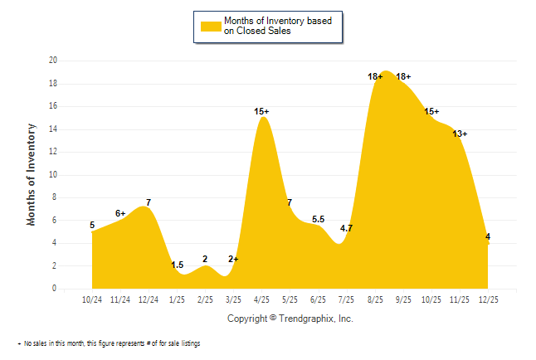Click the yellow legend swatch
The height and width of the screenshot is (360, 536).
212,27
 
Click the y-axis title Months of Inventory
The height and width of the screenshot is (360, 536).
32,174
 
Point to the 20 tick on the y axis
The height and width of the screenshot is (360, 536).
52,61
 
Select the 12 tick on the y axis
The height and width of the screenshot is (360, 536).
52,152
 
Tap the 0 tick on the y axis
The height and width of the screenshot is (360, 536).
55,289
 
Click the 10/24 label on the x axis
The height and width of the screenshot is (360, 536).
91,299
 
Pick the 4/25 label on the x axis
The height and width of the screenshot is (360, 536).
261,299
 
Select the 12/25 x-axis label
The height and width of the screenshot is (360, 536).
489,299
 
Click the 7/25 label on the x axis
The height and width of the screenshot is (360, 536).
347,299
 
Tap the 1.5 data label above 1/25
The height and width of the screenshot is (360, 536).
177,265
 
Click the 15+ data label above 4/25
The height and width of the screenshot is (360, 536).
262,111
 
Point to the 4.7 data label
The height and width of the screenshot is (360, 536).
347,228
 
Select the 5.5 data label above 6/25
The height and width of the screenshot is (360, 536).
318,219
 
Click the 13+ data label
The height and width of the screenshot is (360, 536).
460,134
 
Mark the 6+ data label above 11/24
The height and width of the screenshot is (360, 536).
120,213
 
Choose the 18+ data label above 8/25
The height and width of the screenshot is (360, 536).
375,76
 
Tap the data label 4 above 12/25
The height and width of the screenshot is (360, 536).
488,236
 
